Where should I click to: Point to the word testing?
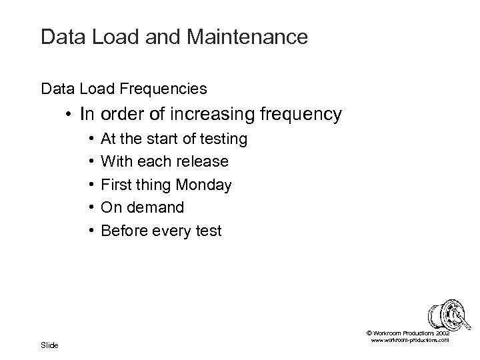(223, 139)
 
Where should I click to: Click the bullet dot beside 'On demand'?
(90, 208)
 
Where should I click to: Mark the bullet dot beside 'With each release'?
(90, 162)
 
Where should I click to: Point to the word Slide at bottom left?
(49, 345)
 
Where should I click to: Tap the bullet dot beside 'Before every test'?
(90, 231)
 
